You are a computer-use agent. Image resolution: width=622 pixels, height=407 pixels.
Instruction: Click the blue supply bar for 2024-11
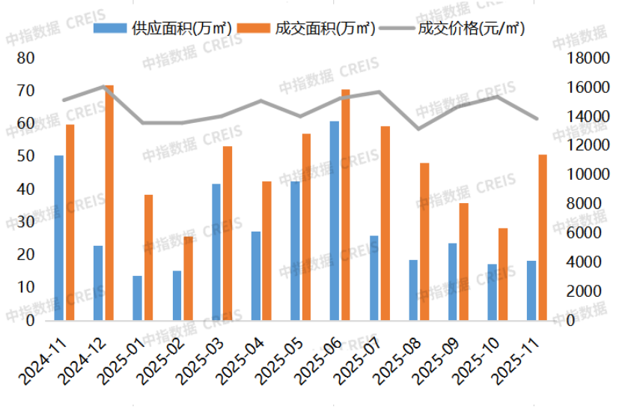tap(58, 238)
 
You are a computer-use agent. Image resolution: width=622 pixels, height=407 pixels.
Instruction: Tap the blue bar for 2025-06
tap(335, 220)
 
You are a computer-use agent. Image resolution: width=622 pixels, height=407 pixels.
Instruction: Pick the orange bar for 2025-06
tap(346, 205)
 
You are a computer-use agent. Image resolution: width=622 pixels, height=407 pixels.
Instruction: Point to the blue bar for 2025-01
tap(138, 298)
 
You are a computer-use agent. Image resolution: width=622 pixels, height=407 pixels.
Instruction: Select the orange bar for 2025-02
tap(188, 278)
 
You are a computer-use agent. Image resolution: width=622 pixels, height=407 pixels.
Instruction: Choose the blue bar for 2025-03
tap(216, 252)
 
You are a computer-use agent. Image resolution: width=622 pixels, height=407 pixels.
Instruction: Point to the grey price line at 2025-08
tap(418, 129)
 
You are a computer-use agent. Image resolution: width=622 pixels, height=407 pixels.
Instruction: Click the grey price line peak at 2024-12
tap(103, 87)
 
